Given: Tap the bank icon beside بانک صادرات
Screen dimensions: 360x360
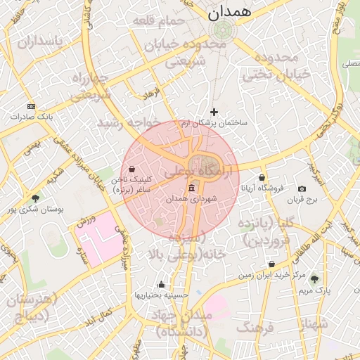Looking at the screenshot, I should pyautogui.click(x=30, y=105).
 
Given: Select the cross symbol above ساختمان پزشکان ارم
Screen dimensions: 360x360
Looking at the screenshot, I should pyautogui.click(x=214, y=112).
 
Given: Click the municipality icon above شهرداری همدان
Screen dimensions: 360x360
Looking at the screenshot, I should pyautogui.click(x=192, y=188).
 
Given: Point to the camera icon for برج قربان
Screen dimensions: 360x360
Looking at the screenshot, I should pyautogui.click(x=302, y=188).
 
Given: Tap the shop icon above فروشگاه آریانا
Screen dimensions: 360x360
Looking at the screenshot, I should pyautogui.click(x=262, y=177).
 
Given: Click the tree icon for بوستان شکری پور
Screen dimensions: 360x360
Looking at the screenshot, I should pyautogui.click(x=35, y=198).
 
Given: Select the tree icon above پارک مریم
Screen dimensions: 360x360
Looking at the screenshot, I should pyautogui.click(x=314, y=278).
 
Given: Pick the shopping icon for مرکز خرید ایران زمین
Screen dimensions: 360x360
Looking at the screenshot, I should pyautogui.click(x=271, y=264).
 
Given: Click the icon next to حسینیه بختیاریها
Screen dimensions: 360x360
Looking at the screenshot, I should pyautogui.click(x=162, y=285).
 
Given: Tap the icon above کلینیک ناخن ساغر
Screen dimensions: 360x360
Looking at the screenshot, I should pyautogui.click(x=131, y=169).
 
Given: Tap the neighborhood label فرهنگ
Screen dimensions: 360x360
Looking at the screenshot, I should pyautogui.click(x=255, y=328).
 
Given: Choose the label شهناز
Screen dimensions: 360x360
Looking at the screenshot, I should pyautogui.click(x=314, y=323).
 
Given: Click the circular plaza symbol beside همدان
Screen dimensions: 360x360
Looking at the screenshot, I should pyautogui.click(x=224, y=30).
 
